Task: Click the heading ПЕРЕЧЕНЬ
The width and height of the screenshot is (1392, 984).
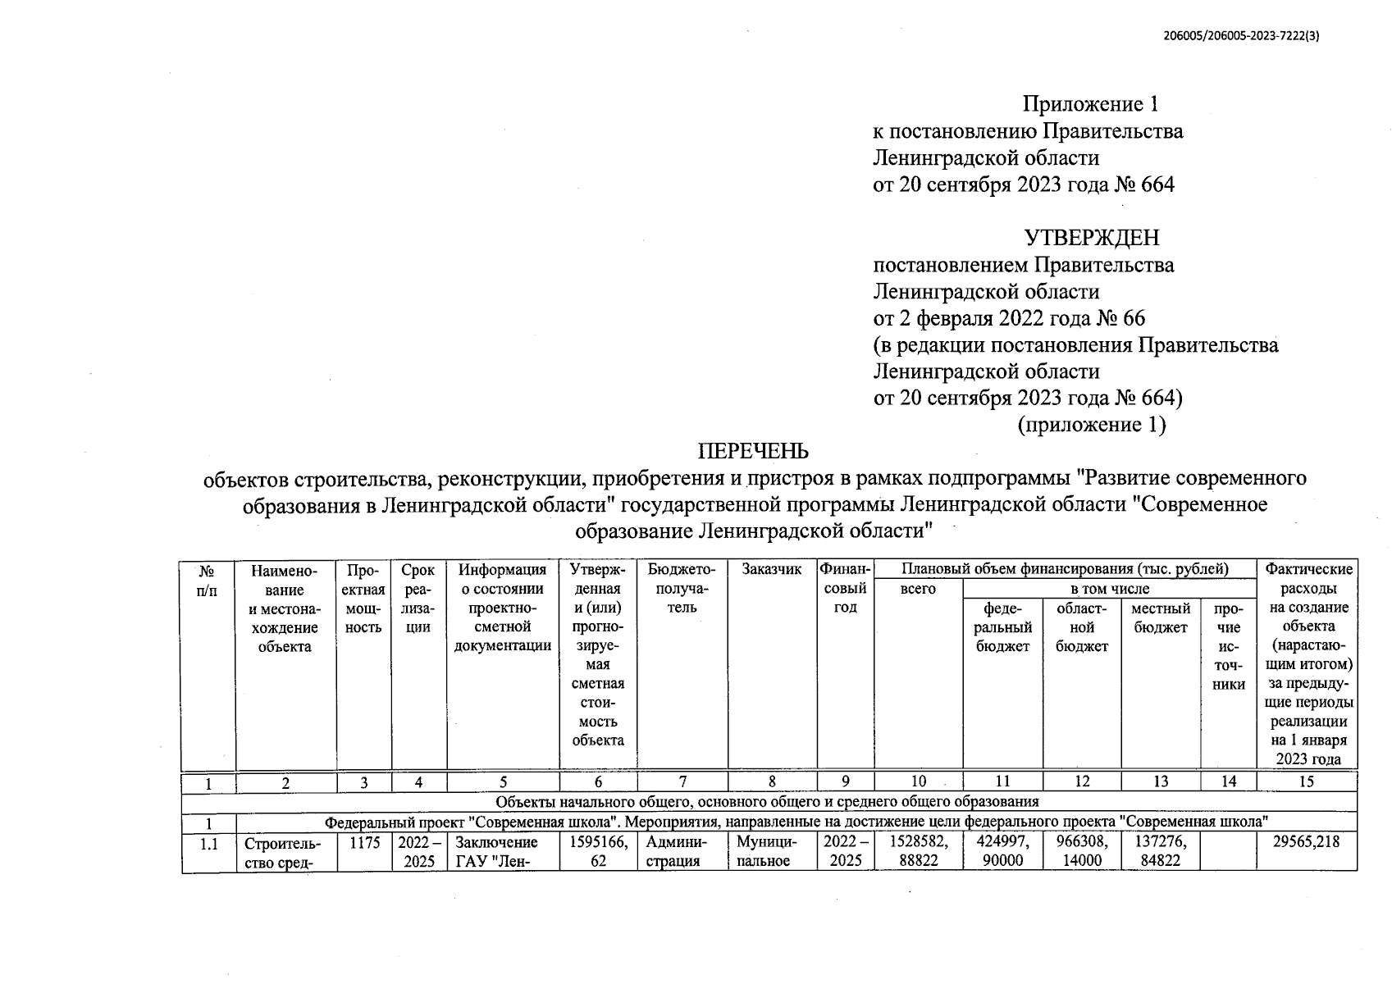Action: [x=752, y=451]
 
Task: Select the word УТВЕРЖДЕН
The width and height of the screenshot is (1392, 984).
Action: [x=1091, y=238]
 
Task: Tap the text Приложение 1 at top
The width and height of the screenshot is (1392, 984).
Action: [x=1090, y=104]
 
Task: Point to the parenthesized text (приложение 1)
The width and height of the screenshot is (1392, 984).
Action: [x=1091, y=425]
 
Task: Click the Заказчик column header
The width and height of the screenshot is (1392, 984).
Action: [x=771, y=570]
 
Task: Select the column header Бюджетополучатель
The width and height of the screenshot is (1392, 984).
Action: [x=682, y=588]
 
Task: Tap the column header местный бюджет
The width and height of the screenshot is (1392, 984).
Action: [x=1160, y=618]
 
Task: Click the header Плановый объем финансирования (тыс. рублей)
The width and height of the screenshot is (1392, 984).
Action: [x=1065, y=569]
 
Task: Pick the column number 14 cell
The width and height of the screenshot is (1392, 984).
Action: [x=1228, y=781]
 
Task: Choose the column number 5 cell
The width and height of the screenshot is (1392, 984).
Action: [x=503, y=782]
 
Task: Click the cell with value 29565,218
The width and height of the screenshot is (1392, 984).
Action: [x=1307, y=842]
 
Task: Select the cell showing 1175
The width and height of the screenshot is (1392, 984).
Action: [x=364, y=842]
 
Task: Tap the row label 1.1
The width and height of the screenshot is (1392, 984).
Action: [x=208, y=843]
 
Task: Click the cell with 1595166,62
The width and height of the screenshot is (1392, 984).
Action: [x=598, y=851]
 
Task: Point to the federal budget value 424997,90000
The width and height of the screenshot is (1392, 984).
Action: [x=1002, y=851]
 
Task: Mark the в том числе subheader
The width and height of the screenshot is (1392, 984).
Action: [x=1109, y=589]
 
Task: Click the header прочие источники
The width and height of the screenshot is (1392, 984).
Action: [x=1228, y=646]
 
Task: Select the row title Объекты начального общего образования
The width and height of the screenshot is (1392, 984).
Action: [x=768, y=801]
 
